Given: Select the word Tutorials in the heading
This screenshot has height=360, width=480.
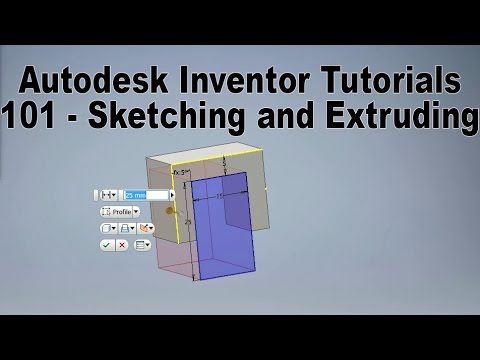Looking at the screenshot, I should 396,80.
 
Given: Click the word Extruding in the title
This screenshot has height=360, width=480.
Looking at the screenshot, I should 395,118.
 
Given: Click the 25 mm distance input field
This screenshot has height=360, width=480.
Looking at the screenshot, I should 134,195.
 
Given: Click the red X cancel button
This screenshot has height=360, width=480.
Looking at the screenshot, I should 122,244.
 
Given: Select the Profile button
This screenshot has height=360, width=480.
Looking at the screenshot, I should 119,212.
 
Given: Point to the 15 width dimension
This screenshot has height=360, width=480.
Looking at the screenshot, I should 220,197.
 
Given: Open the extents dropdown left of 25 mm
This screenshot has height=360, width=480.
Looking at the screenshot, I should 110,195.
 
